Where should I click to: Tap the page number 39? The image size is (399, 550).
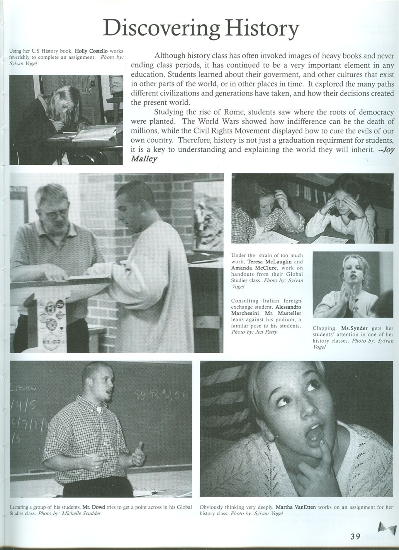(x=355, y=536)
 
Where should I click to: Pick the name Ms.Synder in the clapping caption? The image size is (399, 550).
(x=354, y=328)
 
